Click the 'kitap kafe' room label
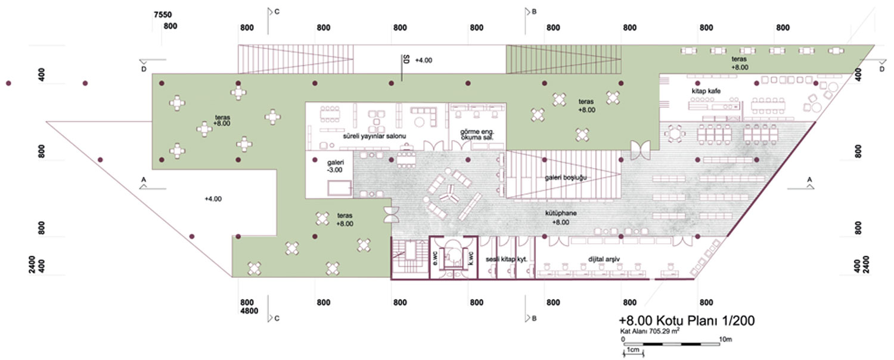coord(706,91)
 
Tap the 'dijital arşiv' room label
coord(604,259)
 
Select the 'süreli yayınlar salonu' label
coord(374,136)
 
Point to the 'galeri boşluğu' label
coord(566,178)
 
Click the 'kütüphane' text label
coord(561,213)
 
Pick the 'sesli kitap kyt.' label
coord(507,259)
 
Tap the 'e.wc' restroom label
coord(435,258)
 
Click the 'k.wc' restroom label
coord(471,258)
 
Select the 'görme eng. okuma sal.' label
coord(477,135)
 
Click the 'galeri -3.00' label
coord(335,166)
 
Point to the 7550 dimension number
coord(163,15)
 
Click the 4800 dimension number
coord(249,311)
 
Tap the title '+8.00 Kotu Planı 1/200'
coord(687,321)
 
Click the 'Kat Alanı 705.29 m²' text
coord(650,331)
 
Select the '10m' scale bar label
coord(725,340)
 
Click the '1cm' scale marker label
coord(633,350)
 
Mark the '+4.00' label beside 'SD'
coord(423,60)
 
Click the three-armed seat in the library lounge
coord(450,194)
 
